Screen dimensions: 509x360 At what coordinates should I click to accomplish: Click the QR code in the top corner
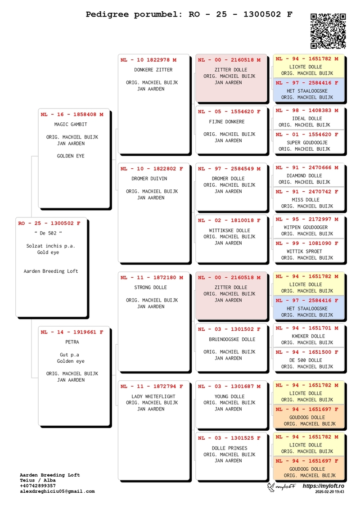point(328,31)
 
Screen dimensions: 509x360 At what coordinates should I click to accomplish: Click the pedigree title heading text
point(189,14)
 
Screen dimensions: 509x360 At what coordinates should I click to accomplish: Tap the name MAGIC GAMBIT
point(71,124)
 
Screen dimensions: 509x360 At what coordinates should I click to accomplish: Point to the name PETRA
point(72,342)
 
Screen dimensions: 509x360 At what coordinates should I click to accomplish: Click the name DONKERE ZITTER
point(153,70)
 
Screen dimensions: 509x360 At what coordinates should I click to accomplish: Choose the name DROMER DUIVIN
point(149,179)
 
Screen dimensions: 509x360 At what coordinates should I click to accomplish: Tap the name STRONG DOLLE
point(150,288)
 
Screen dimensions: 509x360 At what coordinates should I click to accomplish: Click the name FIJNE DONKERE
point(227,122)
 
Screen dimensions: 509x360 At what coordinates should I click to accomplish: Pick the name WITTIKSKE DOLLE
point(229,230)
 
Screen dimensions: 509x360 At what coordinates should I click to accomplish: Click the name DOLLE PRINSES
point(229,448)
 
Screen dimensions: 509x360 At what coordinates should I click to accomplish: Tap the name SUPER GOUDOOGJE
point(307,143)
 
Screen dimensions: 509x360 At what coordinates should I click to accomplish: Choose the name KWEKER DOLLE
point(307,336)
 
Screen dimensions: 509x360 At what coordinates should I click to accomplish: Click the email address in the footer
point(57,491)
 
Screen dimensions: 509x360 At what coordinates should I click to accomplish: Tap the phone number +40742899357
point(38,486)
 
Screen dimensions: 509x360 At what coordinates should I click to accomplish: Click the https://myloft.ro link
point(323,486)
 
